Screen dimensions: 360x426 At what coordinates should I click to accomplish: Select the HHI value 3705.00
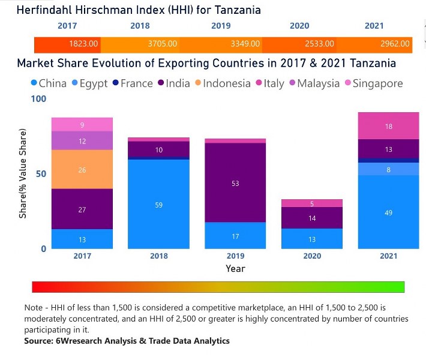click(x=162, y=44)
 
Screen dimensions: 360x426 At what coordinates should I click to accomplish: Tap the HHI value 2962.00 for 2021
click(x=395, y=44)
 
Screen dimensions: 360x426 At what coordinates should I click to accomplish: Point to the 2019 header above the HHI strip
click(x=221, y=26)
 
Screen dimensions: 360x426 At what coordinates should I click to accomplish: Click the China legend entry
click(x=48, y=83)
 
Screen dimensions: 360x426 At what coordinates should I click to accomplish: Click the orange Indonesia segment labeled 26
click(x=82, y=170)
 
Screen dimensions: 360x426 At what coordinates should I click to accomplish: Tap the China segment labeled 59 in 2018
click(x=159, y=205)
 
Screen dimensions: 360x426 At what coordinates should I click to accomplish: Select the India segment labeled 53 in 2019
click(x=235, y=183)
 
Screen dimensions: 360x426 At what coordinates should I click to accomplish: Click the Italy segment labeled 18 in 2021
click(x=388, y=126)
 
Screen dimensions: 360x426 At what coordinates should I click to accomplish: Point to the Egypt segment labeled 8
click(x=388, y=169)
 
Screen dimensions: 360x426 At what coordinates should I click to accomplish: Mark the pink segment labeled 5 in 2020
click(x=312, y=203)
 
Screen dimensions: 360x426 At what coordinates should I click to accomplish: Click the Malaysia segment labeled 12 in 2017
click(x=82, y=141)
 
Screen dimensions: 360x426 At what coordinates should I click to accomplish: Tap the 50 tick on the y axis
click(x=40, y=173)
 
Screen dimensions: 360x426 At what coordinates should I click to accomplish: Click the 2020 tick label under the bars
click(x=312, y=256)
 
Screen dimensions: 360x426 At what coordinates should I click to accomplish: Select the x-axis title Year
click(x=235, y=269)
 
